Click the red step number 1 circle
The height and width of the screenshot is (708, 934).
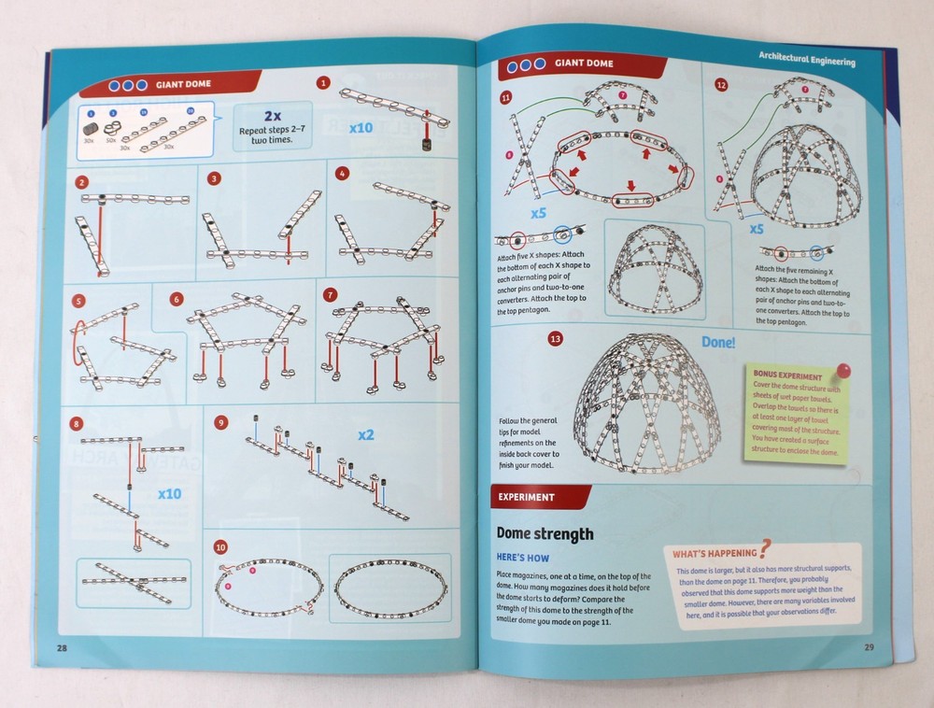(323, 83)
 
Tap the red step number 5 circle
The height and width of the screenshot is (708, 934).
(78, 302)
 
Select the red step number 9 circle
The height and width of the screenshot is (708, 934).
(220, 422)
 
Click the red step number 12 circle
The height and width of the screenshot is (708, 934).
(720, 85)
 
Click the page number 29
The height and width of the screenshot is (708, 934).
(868, 646)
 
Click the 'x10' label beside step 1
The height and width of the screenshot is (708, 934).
(361, 126)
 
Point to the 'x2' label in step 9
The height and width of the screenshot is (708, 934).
(366, 435)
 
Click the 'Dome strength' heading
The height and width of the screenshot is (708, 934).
(545, 534)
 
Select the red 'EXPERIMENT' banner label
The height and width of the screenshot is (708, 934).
(527, 498)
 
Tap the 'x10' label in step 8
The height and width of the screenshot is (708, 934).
(169, 492)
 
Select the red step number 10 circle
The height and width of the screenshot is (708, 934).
(220, 547)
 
